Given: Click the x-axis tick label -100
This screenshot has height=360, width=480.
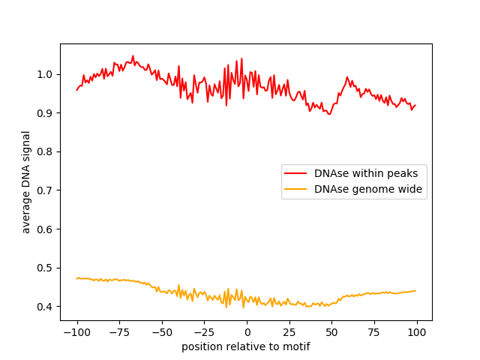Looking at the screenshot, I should point(76,332).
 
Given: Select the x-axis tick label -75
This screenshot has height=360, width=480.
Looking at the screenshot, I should point(119,332).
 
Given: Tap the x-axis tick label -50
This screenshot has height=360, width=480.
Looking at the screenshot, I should point(161,332).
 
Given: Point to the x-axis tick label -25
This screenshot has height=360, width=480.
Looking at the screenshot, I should point(204,332).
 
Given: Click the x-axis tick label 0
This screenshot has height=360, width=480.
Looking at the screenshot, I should point(247,332).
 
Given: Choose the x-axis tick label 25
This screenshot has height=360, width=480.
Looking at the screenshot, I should point(289,332).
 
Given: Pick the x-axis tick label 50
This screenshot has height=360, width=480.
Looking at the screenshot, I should point(332,332).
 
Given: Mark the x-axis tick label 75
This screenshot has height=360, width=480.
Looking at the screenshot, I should point(375,332).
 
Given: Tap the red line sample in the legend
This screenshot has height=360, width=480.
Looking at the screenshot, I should point(296,173).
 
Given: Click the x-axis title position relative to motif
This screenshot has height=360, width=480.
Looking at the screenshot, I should point(246,346).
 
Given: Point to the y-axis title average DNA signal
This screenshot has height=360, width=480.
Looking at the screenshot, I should point(26,182).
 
